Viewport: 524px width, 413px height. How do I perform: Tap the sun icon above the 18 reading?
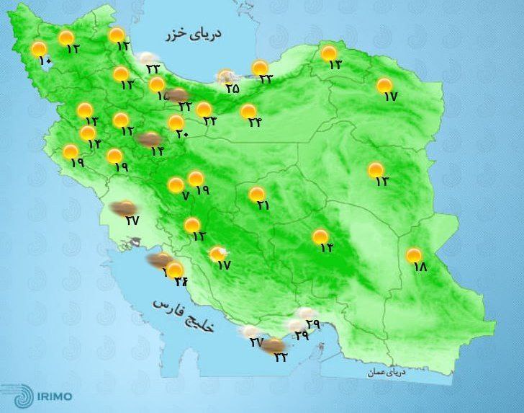click(413, 254)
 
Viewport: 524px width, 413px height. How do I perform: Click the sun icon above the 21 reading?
click(256, 194)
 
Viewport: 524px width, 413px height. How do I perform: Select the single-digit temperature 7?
click(185, 195)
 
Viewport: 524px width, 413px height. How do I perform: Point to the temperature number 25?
click(232, 89)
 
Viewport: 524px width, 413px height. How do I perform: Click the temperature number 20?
click(181, 133)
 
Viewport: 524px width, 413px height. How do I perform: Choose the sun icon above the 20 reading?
click(175, 122)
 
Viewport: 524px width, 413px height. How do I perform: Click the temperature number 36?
click(179, 282)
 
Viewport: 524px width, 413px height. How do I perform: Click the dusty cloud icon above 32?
click(272, 347)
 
